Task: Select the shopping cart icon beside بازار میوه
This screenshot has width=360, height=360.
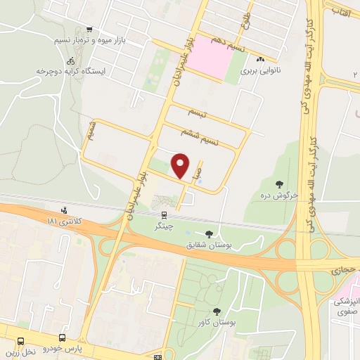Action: click(89, 30)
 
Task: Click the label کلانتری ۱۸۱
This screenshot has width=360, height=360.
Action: click(64, 221)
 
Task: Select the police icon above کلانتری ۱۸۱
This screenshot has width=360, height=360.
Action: click(65, 210)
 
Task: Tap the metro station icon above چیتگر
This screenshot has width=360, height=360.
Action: click(163, 216)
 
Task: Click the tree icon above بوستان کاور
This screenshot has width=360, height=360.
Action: click(216, 311)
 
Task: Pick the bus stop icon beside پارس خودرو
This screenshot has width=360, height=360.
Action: click(62, 338)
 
